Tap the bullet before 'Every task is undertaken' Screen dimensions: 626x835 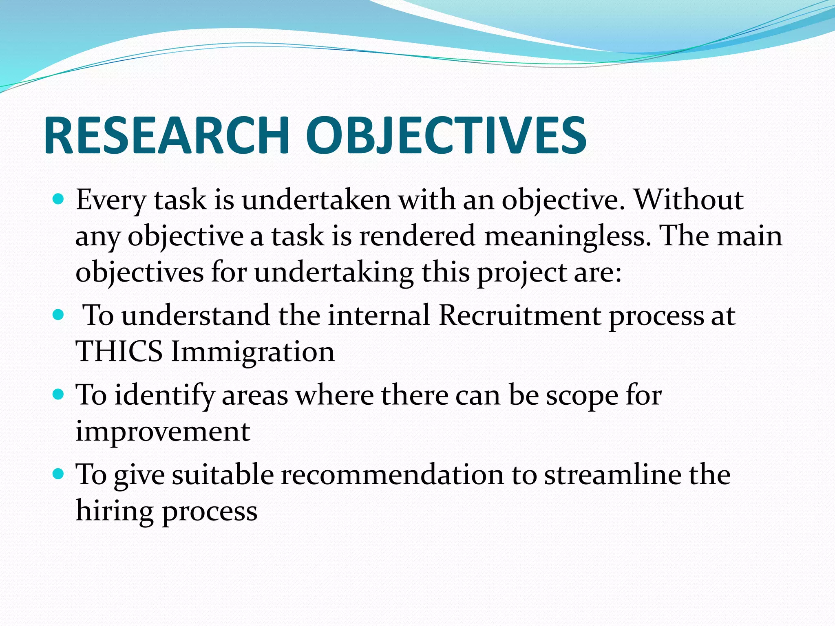click(x=59, y=200)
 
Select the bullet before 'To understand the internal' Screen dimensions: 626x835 click(x=59, y=315)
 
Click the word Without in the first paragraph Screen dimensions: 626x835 click(x=689, y=200)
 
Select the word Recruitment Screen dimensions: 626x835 click(x=519, y=315)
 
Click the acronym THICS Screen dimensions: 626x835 click(x=119, y=351)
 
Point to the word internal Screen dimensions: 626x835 click(x=379, y=315)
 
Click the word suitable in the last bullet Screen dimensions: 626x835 click(x=223, y=474)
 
